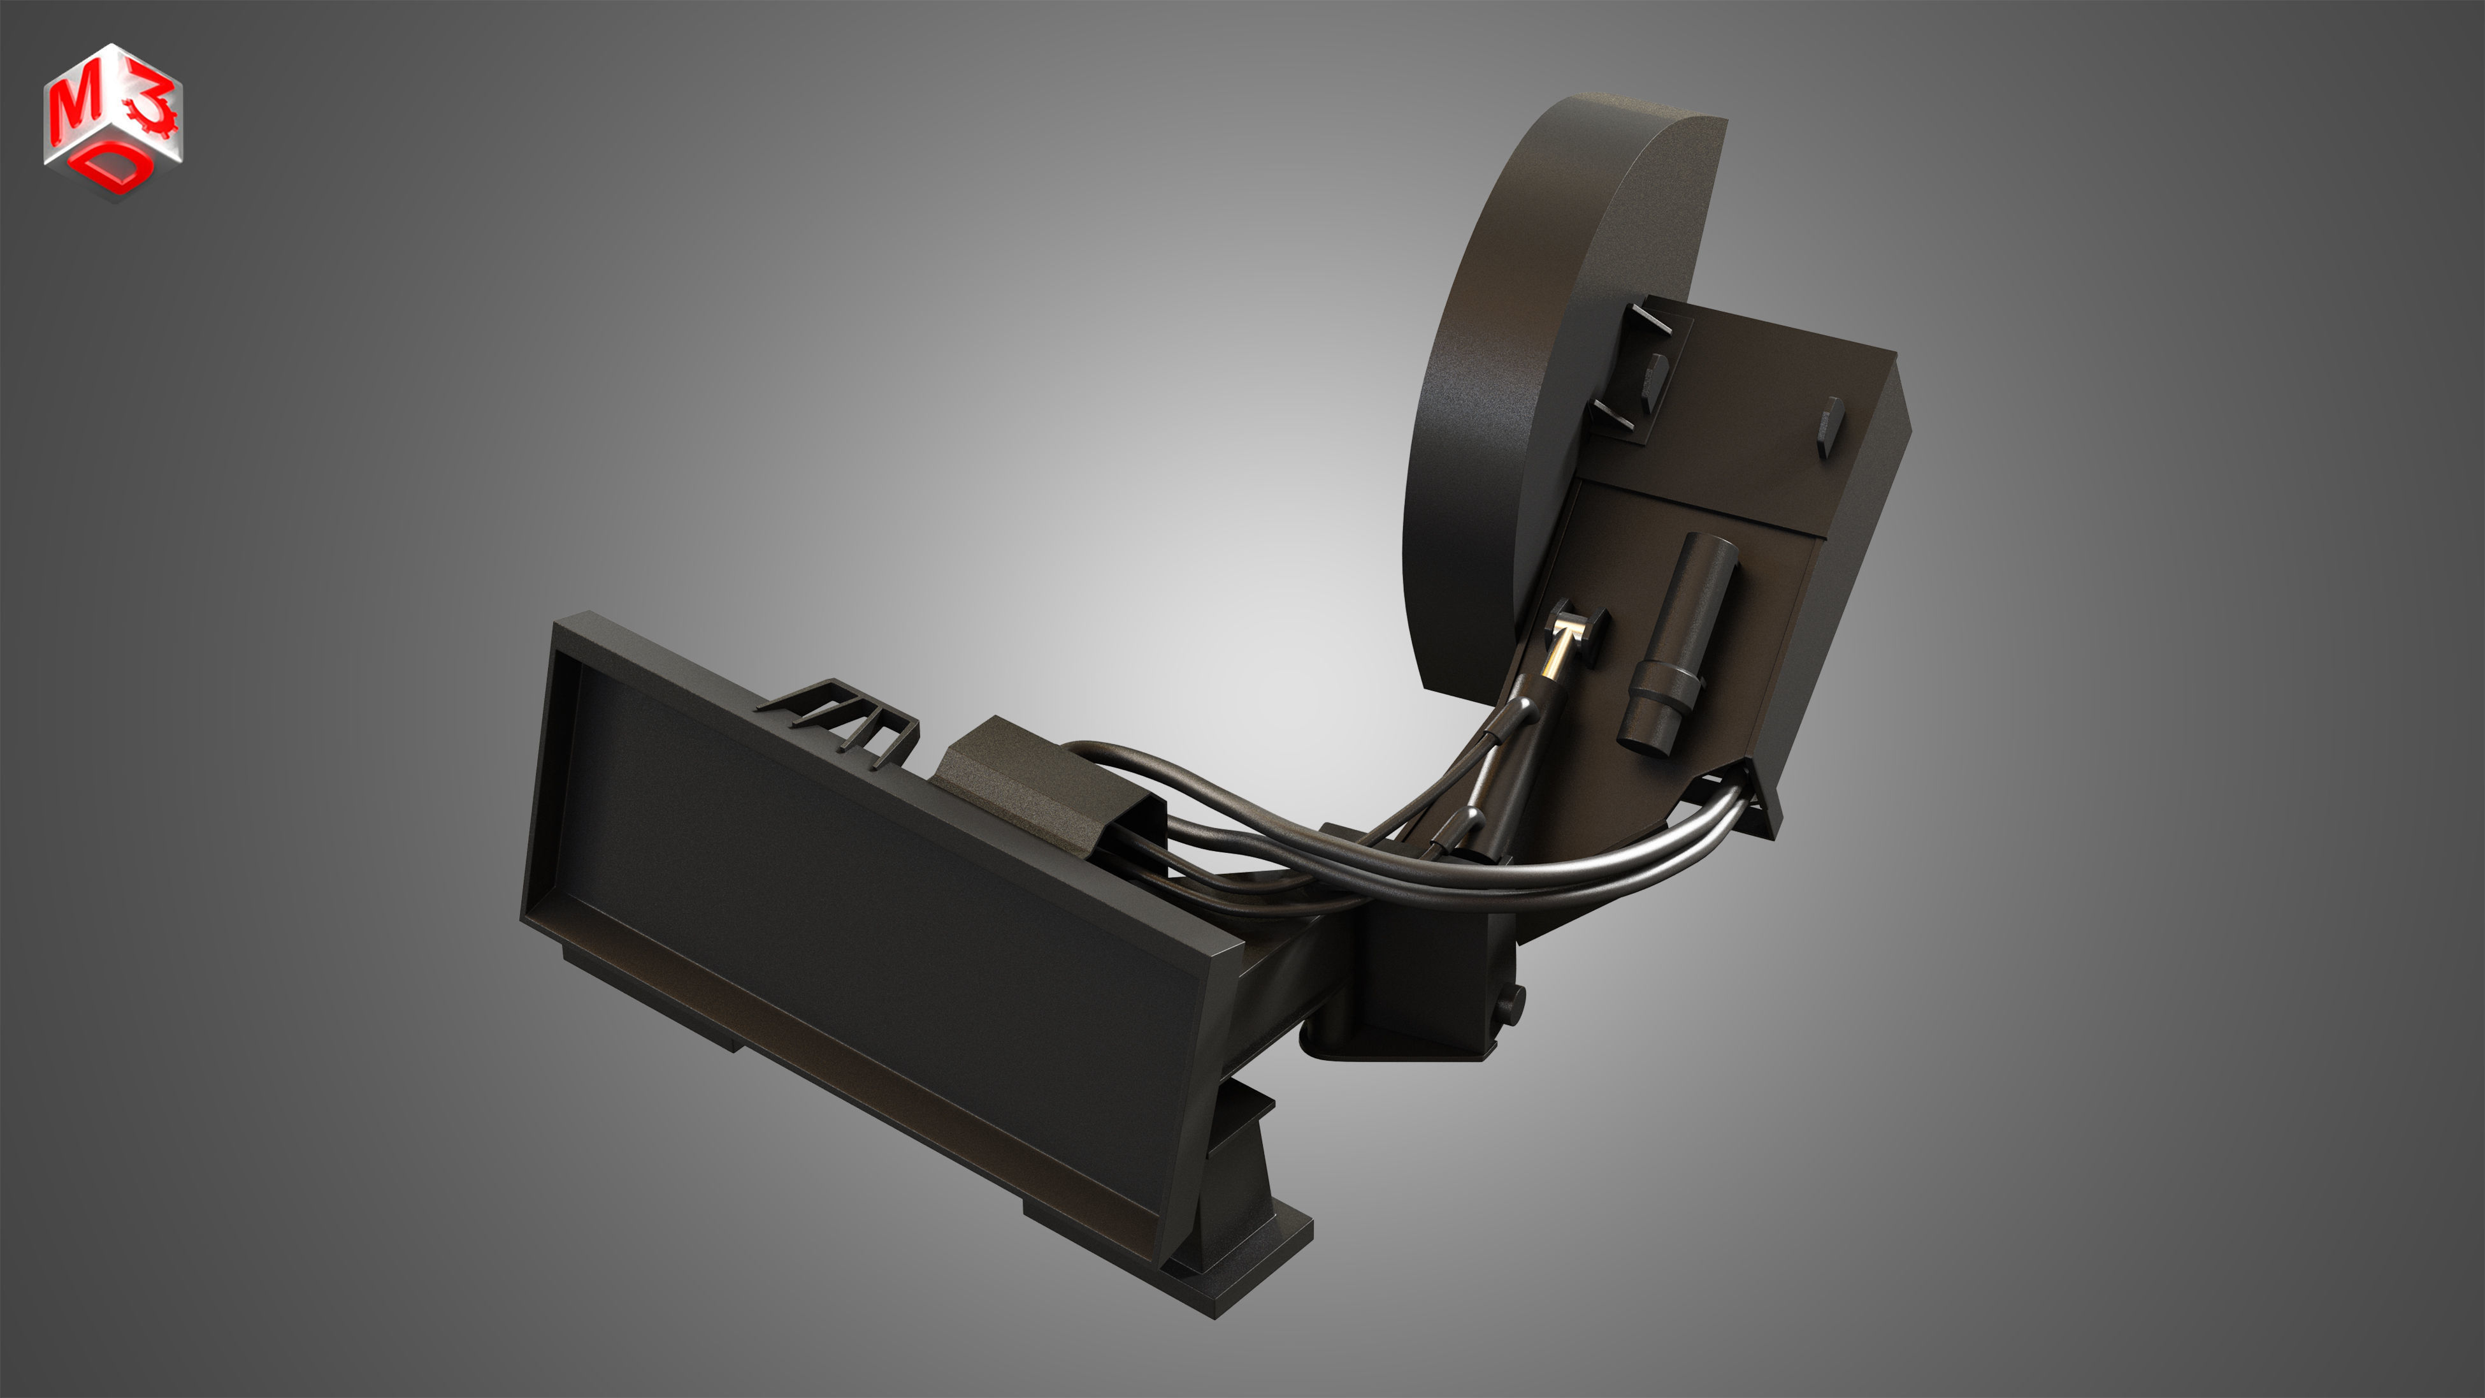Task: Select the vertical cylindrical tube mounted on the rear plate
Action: [1683, 637]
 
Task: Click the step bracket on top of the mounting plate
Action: [849, 719]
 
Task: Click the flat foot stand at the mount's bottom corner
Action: [1244, 1264]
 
